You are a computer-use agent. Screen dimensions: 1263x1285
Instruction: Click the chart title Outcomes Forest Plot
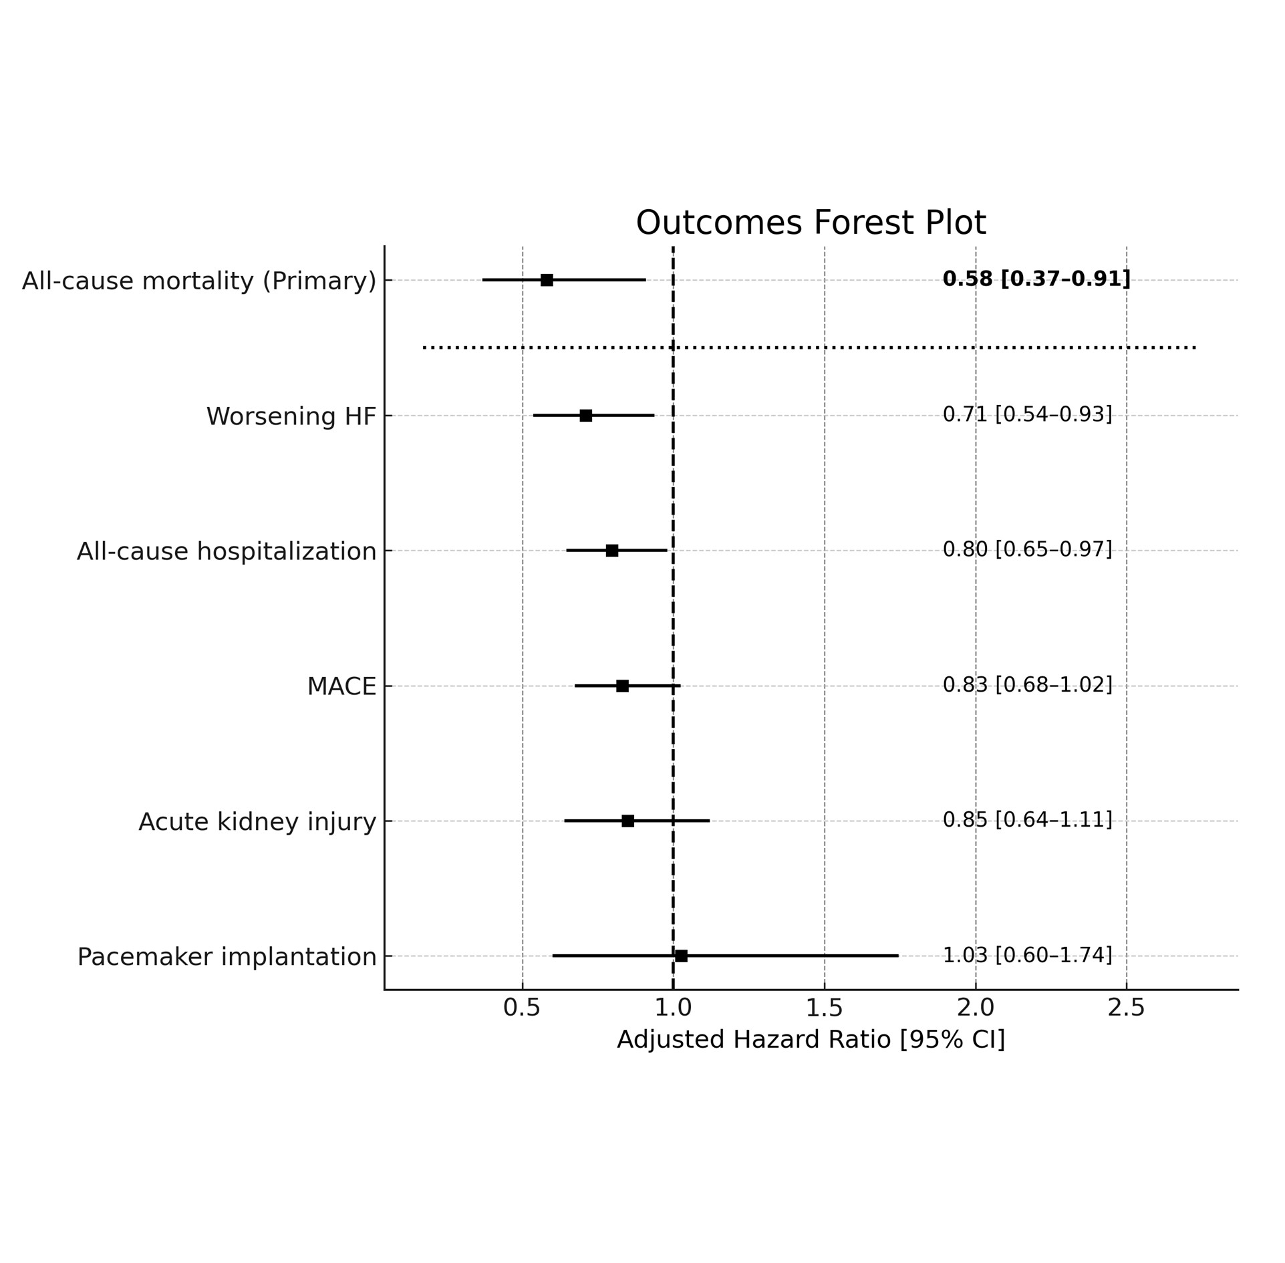click(x=810, y=223)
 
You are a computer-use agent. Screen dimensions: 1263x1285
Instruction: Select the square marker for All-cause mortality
click(x=547, y=280)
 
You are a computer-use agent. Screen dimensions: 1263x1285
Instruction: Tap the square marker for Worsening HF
click(x=585, y=416)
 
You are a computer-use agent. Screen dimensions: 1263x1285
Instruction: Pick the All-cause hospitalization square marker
click(x=611, y=551)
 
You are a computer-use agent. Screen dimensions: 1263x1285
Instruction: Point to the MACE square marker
click(x=622, y=686)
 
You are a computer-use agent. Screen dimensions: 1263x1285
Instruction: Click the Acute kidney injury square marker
click(x=627, y=821)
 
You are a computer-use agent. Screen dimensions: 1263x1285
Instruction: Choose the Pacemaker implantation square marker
click(x=681, y=956)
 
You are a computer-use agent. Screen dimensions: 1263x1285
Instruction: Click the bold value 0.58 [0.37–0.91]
click(x=1036, y=279)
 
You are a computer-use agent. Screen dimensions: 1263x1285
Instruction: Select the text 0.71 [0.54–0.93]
click(x=1027, y=414)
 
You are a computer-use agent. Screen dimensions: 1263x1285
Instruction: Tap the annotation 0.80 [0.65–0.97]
click(x=1027, y=549)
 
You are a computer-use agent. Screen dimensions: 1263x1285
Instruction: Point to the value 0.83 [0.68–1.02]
click(x=1027, y=684)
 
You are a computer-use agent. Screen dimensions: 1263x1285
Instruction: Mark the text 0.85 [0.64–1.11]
click(x=1027, y=819)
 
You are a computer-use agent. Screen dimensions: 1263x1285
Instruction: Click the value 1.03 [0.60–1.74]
click(x=1027, y=955)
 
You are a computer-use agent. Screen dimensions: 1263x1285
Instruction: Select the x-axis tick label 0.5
click(x=521, y=1008)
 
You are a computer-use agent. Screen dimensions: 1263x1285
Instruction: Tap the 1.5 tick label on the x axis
click(x=824, y=1008)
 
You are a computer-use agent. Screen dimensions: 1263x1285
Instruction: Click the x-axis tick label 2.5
click(x=1126, y=1008)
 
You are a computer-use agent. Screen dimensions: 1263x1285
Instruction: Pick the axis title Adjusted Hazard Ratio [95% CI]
click(x=810, y=1040)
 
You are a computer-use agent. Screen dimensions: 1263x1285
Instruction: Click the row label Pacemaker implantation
click(x=227, y=957)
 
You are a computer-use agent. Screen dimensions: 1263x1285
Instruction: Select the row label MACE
click(x=341, y=687)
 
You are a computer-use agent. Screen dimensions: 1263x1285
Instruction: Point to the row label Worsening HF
click(x=291, y=416)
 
